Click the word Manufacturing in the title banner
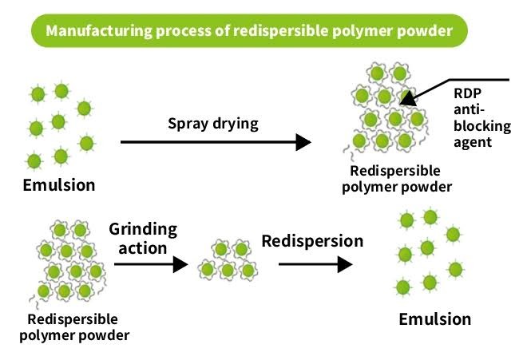coord(99,31)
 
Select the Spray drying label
coord(213,124)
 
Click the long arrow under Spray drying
coord(216,142)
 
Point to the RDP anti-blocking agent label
coord(482,118)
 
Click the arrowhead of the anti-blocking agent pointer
coord(408,98)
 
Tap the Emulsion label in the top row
coord(59,184)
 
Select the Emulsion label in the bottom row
coord(435,319)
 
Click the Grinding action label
coord(143,238)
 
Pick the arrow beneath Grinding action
coord(151,264)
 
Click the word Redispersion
coord(312,241)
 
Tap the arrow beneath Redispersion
coord(315,264)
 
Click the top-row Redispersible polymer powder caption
coord(397,179)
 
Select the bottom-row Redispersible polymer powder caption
coord(74,327)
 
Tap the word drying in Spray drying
coord(236,125)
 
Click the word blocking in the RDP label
coord(482,126)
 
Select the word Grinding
coord(143,230)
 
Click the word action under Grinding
coord(143,248)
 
